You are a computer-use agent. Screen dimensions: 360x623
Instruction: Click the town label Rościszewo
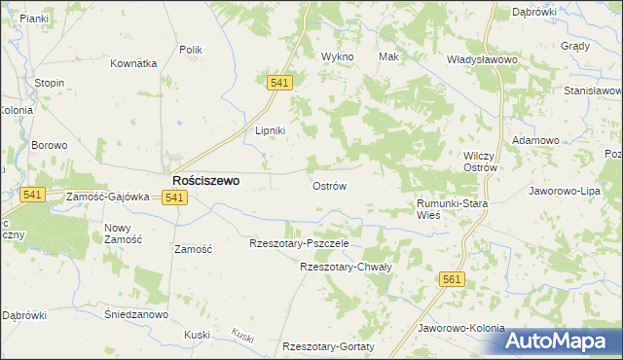(206, 180)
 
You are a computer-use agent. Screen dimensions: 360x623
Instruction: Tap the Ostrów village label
(329, 185)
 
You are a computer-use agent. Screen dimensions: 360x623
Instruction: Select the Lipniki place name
(270, 131)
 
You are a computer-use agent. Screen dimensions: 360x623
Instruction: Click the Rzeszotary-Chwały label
(346, 267)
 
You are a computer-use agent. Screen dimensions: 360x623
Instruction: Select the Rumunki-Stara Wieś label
(452, 208)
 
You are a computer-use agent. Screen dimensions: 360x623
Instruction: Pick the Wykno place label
(338, 56)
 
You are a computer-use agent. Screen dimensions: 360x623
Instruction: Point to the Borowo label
(49, 145)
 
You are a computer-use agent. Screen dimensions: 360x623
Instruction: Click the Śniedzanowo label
(136, 314)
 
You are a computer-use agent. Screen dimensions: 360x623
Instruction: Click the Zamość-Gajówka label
(107, 197)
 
